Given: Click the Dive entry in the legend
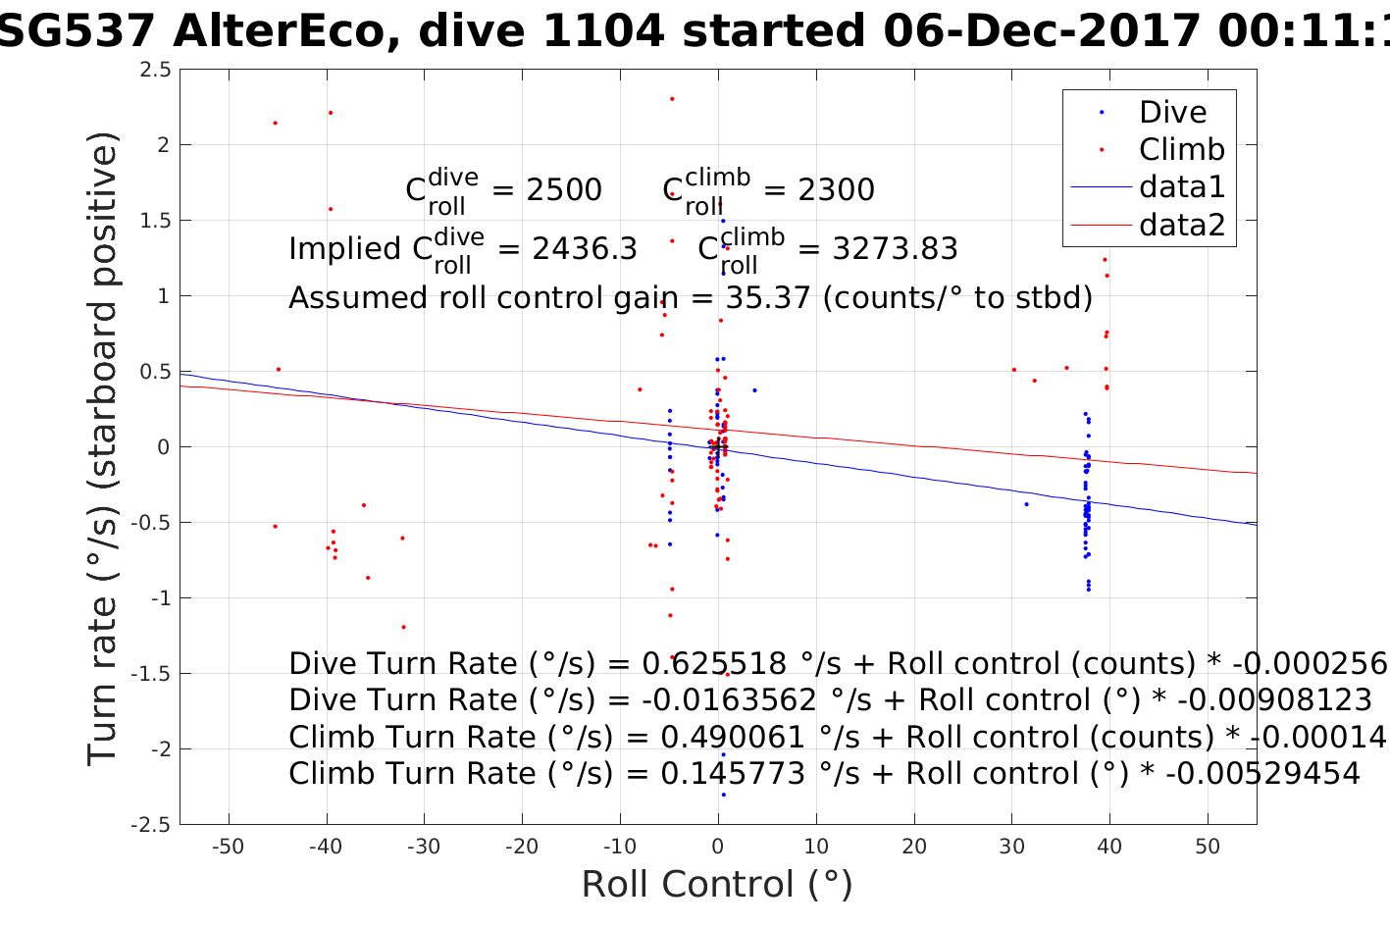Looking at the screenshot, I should [1172, 112].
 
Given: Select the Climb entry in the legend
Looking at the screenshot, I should [1181, 149].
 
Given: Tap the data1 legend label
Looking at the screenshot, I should [1181, 186].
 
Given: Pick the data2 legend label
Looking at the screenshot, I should [1181, 225].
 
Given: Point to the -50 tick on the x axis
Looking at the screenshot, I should [228, 847].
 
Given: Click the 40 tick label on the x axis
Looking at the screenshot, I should [1109, 847].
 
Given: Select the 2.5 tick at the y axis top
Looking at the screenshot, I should [155, 70].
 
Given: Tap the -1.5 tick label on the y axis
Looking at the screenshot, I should [151, 674].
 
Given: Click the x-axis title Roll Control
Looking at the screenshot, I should [717, 884].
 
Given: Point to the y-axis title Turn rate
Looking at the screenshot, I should [103, 447].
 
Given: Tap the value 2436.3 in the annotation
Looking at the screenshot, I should [585, 249].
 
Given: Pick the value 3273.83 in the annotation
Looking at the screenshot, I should [895, 249].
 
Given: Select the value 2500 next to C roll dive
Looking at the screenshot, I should [564, 190].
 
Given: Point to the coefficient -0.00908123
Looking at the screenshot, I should [1274, 700].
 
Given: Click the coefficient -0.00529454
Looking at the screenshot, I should [1262, 774].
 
